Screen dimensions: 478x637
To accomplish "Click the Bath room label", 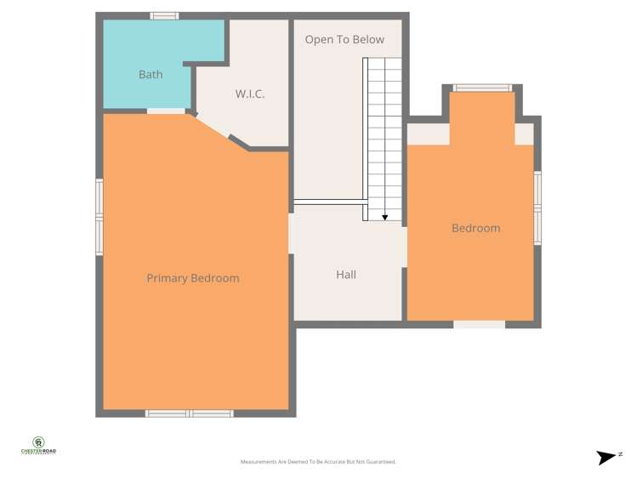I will click(151, 75).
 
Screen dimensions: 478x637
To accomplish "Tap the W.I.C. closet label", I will click(250, 94).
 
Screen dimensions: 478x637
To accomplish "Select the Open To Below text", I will click(344, 40).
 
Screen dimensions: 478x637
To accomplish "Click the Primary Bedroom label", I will click(193, 278).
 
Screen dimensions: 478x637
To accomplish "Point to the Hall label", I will click(346, 275).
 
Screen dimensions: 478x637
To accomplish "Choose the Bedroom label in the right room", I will click(475, 228).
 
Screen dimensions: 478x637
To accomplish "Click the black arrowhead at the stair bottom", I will click(385, 218).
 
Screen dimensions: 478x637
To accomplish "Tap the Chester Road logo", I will click(38, 446).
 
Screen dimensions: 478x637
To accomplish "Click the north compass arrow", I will click(607, 458).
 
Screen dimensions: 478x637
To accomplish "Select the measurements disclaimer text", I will click(318, 462).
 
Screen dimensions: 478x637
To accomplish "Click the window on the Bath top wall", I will click(164, 15).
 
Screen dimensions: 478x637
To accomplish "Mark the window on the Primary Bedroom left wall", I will click(100, 217).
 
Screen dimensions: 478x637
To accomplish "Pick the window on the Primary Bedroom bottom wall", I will click(189, 413).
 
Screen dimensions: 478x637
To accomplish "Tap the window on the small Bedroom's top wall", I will click(481, 88).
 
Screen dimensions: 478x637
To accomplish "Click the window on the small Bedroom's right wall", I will click(537, 208).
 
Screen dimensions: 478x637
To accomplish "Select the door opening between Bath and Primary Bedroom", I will click(166, 111).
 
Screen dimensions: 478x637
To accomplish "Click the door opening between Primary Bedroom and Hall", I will click(291, 233).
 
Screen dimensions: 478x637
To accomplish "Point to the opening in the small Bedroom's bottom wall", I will click(479, 324).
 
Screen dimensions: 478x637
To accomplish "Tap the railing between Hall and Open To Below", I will click(330, 202).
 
